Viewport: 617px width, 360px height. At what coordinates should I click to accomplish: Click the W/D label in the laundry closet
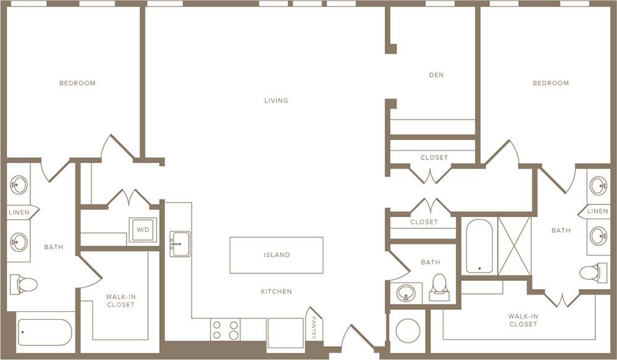pos(143,230)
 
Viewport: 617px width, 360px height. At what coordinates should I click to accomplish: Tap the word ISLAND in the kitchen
pos(276,254)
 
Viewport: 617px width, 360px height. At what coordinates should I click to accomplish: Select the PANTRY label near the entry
pos(313,328)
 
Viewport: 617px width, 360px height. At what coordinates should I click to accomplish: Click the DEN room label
pos(436,75)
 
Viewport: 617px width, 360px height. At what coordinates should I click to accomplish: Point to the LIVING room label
pos(276,100)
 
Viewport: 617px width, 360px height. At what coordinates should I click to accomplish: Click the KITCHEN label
pos(276,291)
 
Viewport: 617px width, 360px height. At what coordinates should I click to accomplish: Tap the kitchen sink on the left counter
pos(180,243)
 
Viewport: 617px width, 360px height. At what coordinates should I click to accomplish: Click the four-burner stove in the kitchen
pos(225,330)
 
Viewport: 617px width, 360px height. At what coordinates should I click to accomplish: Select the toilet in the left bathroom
pos(24,284)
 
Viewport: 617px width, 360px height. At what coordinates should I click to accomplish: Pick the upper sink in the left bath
pos(19,185)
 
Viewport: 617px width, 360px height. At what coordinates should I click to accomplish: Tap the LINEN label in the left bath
pos(19,212)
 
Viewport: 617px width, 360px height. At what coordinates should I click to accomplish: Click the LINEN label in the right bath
pos(597,211)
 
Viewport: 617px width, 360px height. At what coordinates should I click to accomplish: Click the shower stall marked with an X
pos(514,245)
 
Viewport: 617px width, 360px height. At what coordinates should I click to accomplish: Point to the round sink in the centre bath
pos(405,292)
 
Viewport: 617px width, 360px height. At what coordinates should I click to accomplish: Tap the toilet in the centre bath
pos(439,285)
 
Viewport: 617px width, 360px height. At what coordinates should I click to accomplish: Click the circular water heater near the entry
pos(407,331)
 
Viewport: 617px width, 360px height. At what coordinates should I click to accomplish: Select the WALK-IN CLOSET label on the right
pos(523,320)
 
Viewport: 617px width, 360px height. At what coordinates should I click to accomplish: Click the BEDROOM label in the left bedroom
pos(77,83)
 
